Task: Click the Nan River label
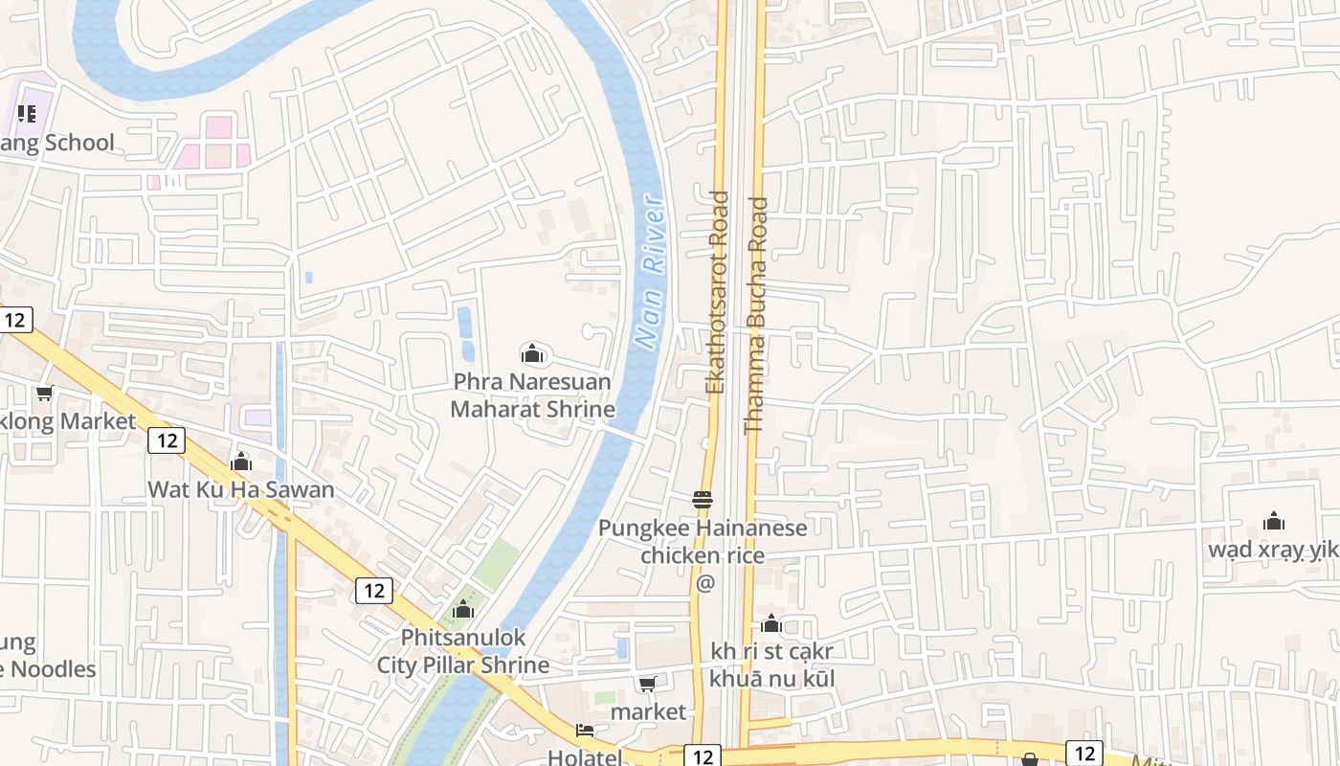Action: pyautogui.click(x=650, y=273)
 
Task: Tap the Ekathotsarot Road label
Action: pyautogui.click(x=717, y=293)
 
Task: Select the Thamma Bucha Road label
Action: pyautogui.click(x=756, y=315)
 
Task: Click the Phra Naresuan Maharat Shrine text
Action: pyautogui.click(x=532, y=395)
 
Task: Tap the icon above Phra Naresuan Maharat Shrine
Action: pyautogui.click(x=532, y=354)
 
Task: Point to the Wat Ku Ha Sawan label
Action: pyautogui.click(x=241, y=490)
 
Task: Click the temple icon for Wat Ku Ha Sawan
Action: pyautogui.click(x=241, y=462)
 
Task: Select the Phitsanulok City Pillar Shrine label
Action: pyautogui.click(x=463, y=651)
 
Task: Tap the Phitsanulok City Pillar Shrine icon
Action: pyautogui.click(x=463, y=609)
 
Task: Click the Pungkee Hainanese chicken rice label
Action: pyautogui.click(x=703, y=541)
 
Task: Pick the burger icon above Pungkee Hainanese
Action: pyautogui.click(x=703, y=499)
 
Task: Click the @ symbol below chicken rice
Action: pyautogui.click(x=705, y=583)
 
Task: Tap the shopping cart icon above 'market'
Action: pyautogui.click(x=648, y=684)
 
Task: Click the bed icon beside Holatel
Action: pyautogui.click(x=585, y=732)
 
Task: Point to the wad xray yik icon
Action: pyautogui.click(x=1274, y=522)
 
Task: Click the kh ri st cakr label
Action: pyautogui.click(x=771, y=652)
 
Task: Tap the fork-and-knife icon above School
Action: pyautogui.click(x=27, y=115)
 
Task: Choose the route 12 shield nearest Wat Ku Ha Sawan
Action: pyautogui.click(x=167, y=440)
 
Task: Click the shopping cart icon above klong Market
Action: pyautogui.click(x=44, y=394)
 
